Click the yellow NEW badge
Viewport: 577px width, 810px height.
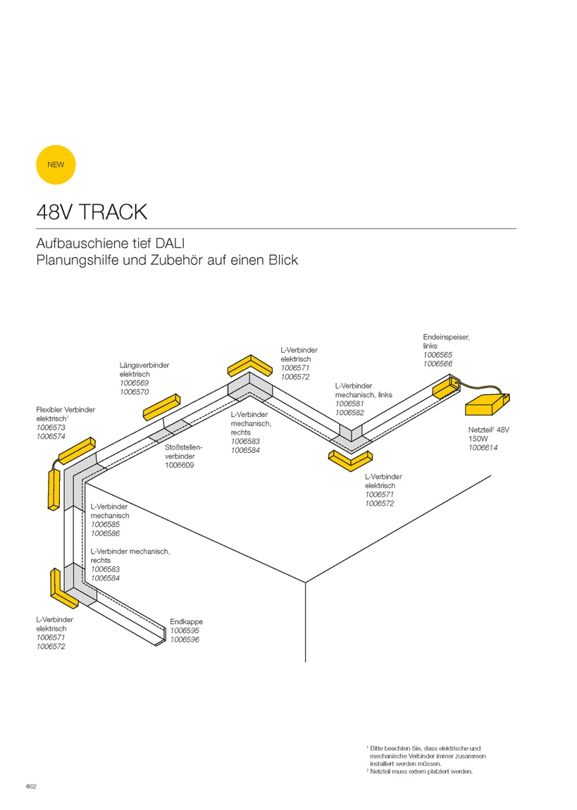(x=56, y=165)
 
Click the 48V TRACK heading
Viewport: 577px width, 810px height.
(x=92, y=212)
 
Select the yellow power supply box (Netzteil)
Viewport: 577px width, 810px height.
(x=487, y=404)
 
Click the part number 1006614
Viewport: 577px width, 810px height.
(x=483, y=448)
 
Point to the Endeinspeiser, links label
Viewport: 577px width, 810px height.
(x=446, y=342)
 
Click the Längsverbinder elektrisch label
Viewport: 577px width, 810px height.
(x=144, y=369)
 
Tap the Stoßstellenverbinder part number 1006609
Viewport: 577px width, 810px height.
(x=179, y=466)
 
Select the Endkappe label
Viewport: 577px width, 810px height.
(x=187, y=622)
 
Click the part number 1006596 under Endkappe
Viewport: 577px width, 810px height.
(x=185, y=640)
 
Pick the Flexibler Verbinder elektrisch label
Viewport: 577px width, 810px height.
(x=66, y=414)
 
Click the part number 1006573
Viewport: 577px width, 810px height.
(x=51, y=428)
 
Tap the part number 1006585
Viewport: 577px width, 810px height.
(x=105, y=524)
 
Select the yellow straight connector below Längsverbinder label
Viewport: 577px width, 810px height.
(x=161, y=407)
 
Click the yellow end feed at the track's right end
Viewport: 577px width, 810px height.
(x=445, y=387)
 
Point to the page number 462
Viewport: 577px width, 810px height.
(x=31, y=787)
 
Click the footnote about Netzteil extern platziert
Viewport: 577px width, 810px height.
(x=419, y=772)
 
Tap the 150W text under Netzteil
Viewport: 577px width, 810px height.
(x=478, y=439)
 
